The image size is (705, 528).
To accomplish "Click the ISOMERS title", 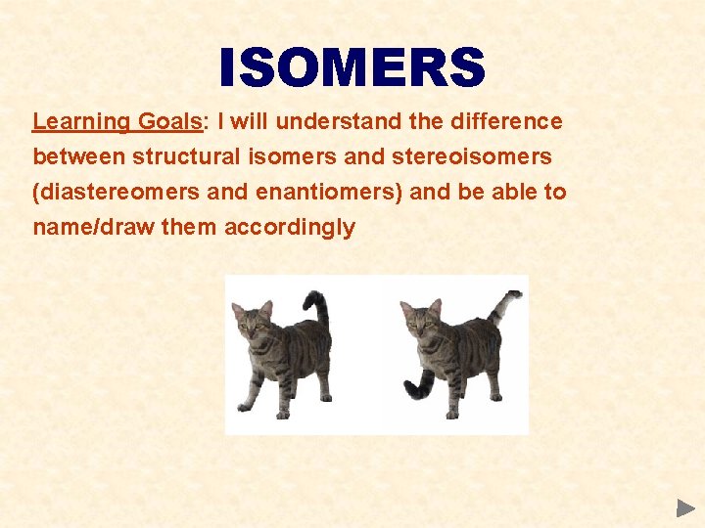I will (352, 68).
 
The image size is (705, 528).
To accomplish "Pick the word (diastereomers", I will (117, 193).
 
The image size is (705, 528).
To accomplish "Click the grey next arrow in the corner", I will (685, 507).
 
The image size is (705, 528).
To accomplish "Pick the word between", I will (79, 157).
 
